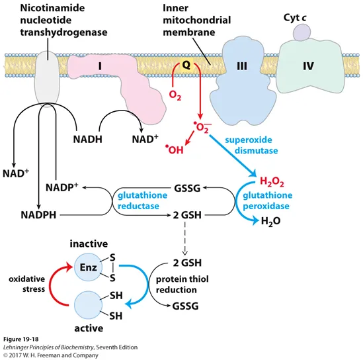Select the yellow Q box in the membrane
(186, 66)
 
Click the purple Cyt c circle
(302, 32)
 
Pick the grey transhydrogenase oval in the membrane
(47, 79)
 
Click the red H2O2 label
(272, 181)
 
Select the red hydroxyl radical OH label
(175, 150)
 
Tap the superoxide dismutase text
(251, 145)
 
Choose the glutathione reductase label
(142, 201)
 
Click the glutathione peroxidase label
(267, 201)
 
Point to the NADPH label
(38, 215)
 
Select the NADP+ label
(61, 187)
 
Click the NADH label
(88, 139)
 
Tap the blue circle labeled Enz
(88, 267)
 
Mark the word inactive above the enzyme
(89, 244)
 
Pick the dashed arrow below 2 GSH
(184, 239)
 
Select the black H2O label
(270, 221)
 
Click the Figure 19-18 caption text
(21, 339)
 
